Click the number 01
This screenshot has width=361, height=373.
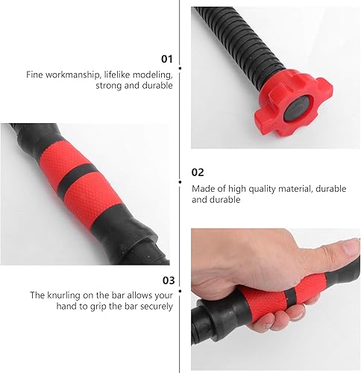(166, 58)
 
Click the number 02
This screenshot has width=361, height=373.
(198, 172)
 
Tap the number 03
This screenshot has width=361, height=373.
(167, 280)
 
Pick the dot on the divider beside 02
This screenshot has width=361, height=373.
(180, 180)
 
